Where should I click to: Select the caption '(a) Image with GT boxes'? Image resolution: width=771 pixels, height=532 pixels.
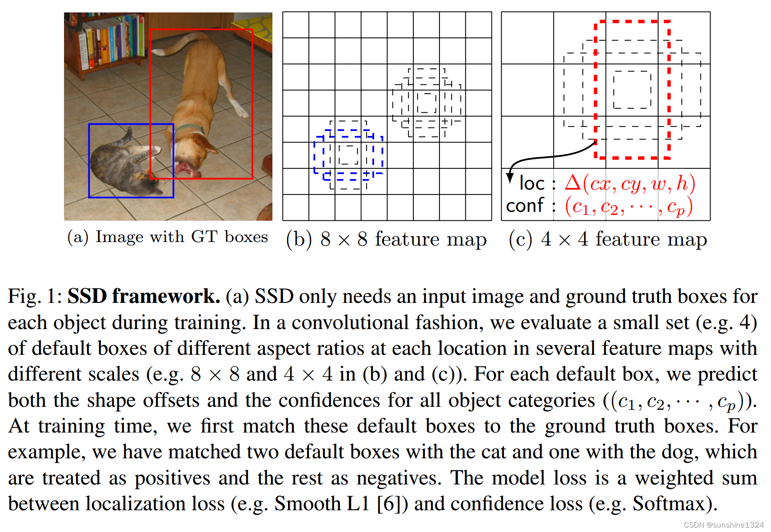click(x=168, y=237)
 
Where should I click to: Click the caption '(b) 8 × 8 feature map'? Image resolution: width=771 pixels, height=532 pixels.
click(x=386, y=239)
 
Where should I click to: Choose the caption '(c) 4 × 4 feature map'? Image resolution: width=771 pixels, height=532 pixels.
click(x=607, y=239)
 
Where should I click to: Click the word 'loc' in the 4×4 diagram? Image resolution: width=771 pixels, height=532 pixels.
click(x=531, y=183)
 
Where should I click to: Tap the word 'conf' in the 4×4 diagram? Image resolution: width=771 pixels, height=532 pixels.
click(x=524, y=206)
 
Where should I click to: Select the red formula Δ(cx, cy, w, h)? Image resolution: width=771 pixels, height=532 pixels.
click(x=630, y=183)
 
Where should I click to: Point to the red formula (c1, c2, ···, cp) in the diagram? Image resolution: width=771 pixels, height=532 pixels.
click(x=628, y=207)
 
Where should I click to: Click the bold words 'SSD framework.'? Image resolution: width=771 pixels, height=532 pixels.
click(x=144, y=296)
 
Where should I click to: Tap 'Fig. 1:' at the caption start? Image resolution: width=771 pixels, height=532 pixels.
click(x=35, y=296)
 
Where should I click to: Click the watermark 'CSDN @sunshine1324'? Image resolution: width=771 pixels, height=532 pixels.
click(x=723, y=525)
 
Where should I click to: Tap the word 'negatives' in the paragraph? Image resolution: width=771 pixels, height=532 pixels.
click(x=399, y=478)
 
